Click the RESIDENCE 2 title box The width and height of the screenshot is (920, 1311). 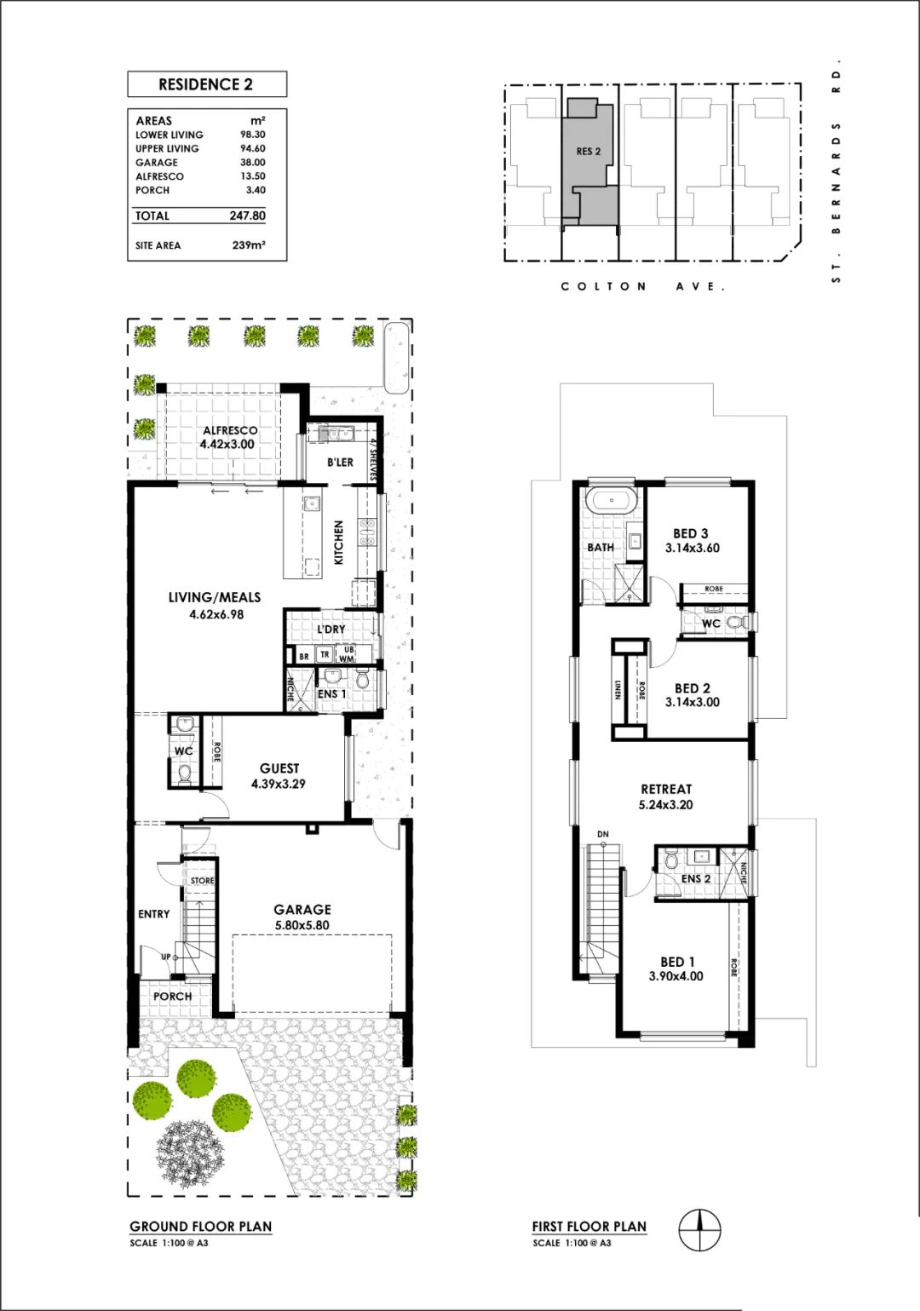point(207,84)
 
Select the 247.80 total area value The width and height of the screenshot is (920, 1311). point(247,216)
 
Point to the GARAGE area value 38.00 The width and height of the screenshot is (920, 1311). point(253,163)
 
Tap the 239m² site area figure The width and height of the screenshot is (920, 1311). point(249,245)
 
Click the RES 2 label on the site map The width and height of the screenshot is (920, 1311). point(588,152)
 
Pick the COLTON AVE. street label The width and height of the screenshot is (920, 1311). point(643,287)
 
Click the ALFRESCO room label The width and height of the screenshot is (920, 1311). point(230,431)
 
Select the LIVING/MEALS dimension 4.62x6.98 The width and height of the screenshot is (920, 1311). point(216,614)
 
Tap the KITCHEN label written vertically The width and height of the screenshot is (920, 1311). point(338,543)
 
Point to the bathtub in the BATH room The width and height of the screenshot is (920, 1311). point(612,501)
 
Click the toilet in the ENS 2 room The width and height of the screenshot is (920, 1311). point(670,860)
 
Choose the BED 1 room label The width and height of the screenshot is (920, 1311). point(678,962)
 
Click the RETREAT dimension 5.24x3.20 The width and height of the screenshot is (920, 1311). point(666,805)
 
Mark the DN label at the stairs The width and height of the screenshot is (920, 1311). point(603,834)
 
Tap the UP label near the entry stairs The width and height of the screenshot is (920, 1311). point(165,957)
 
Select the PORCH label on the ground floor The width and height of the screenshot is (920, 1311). point(173,996)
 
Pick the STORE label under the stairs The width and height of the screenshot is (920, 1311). point(202,881)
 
